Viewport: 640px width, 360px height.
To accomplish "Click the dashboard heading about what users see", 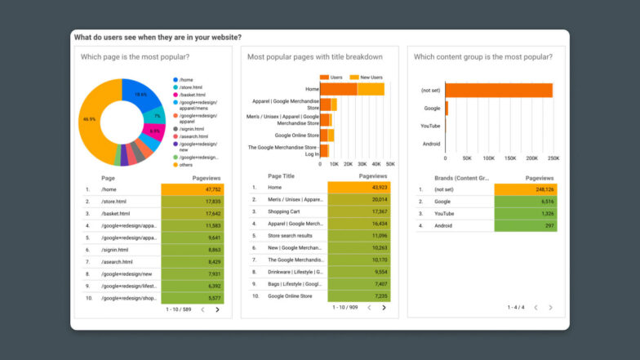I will [x=157, y=38].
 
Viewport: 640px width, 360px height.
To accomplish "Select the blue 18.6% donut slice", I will [x=139, y=94].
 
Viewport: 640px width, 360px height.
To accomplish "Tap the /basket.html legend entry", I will [x=193, y=95].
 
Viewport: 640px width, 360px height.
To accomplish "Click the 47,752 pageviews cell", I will [x=193, y=189].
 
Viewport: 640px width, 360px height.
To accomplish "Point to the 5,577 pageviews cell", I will [x=193, y=298].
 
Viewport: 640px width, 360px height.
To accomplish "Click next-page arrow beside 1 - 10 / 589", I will [x=217, y=310].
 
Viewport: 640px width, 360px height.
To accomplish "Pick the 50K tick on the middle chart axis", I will [x=390, y=164].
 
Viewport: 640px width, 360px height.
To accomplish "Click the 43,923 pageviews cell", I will [x=359, y=187].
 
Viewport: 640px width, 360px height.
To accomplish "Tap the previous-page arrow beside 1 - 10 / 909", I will [x=368, y=308].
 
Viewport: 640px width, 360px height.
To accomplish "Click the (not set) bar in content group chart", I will [x=498, y=90].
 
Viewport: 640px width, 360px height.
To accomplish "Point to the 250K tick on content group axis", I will [x=553, y=158].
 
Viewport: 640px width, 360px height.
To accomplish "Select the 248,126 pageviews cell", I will [x=526, y=189].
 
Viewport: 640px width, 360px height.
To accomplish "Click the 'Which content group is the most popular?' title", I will [x=482, y=57].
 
